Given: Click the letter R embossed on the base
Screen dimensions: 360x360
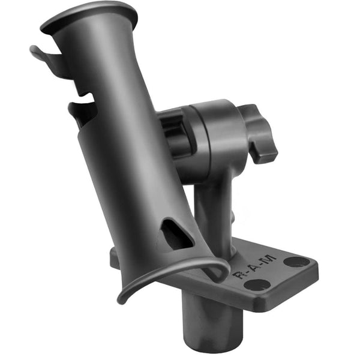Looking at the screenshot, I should click(x=239, y=277).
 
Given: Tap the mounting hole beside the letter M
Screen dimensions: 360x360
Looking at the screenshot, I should click(x=296, y=262).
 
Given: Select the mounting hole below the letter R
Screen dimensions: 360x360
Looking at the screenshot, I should click(x=257, y=286).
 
